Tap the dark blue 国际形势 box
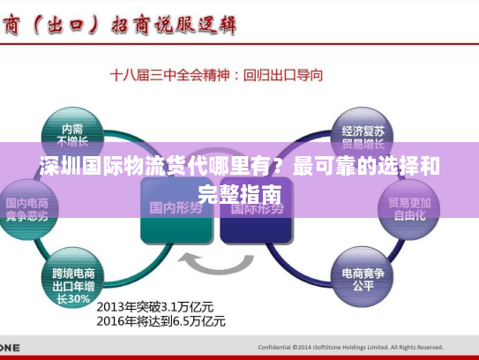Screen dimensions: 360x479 pyautogui.click(x=254, y=208)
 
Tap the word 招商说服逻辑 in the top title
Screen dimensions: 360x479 pyautogui.click(x=173, y=26)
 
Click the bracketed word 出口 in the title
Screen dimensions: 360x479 pyautogui.click(x=66, y=25)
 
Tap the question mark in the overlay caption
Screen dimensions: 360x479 pyautogui.click(x=280, y=166)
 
